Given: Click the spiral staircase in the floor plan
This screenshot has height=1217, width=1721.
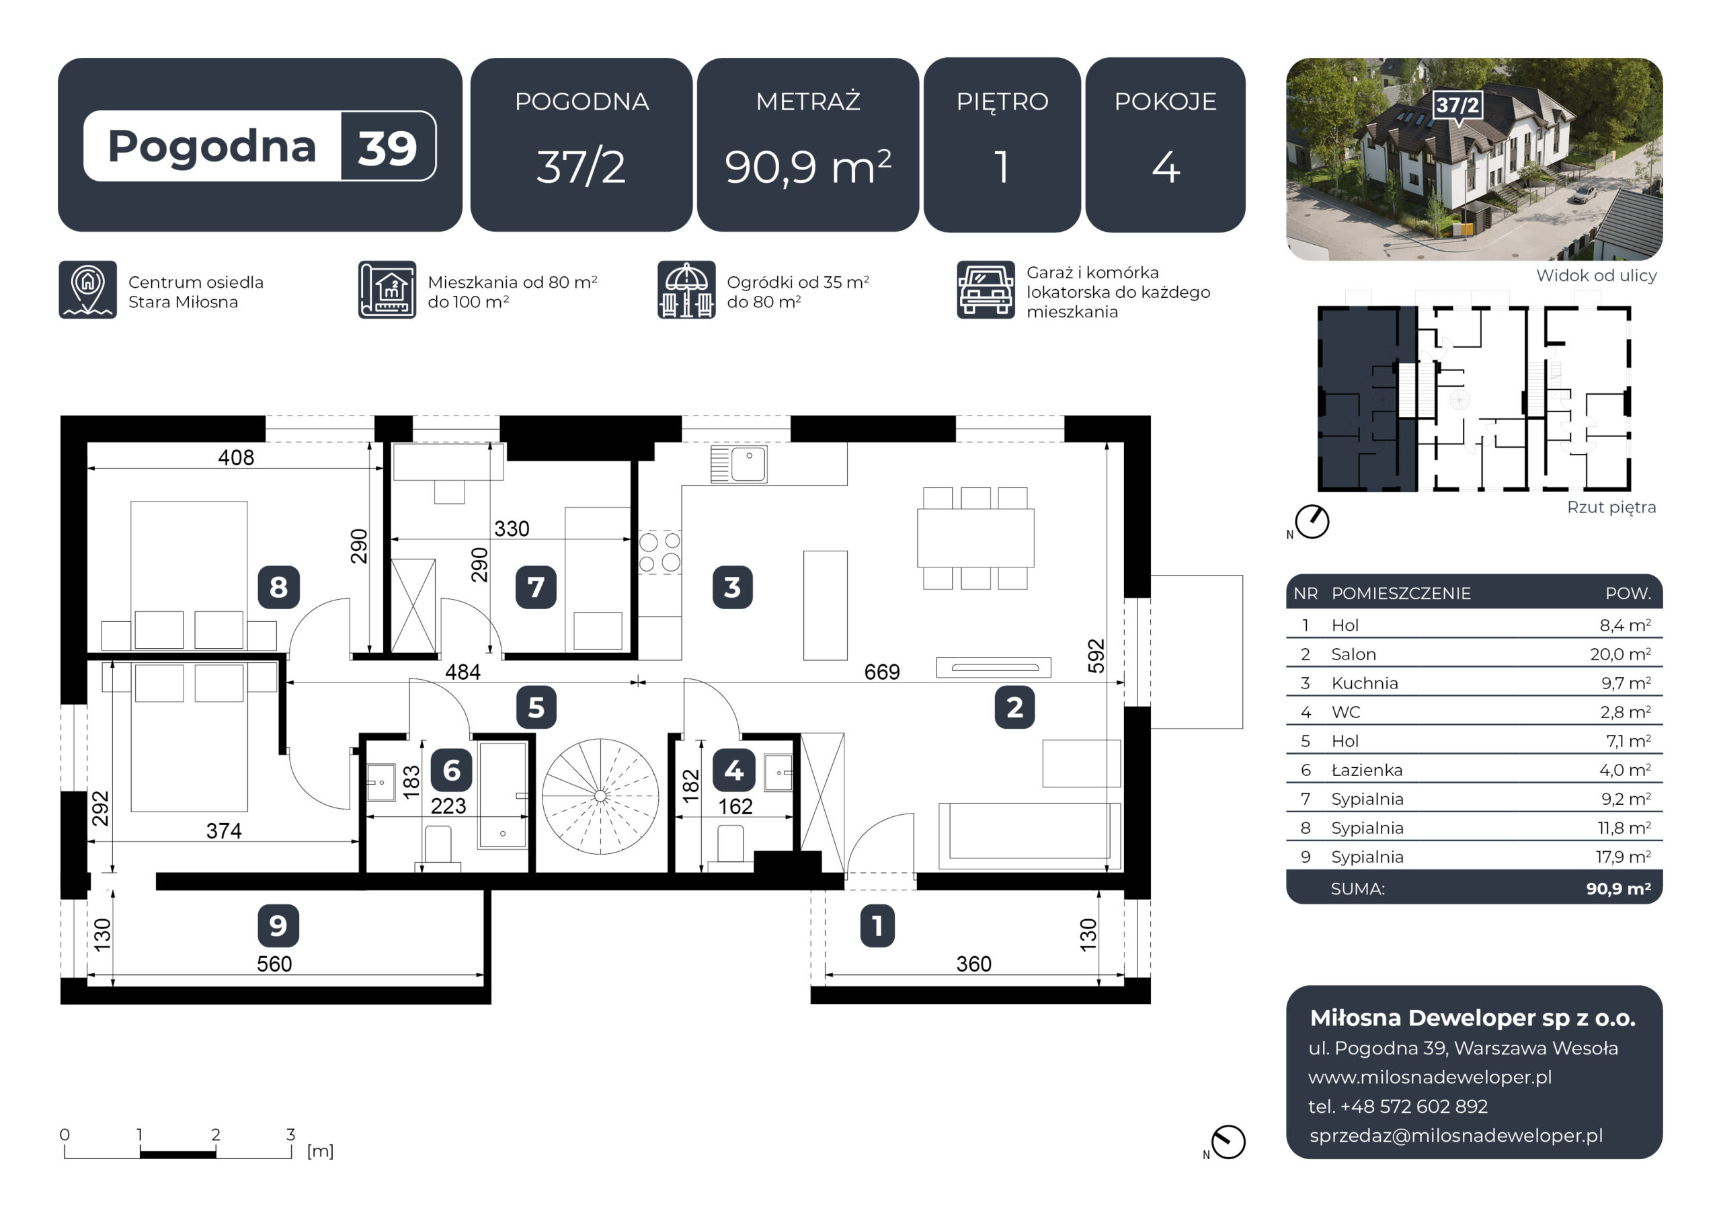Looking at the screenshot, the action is tap(600, 796).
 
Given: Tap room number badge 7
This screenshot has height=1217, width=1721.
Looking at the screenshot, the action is tap(536, 587).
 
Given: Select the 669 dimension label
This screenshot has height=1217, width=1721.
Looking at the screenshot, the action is tap(881, 672).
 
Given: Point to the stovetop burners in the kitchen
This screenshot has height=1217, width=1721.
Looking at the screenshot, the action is tap(660, 552).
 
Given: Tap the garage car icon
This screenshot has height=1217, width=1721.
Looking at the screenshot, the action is tap(986, 290).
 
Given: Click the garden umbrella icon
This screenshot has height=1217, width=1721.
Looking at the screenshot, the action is tap(686, 290).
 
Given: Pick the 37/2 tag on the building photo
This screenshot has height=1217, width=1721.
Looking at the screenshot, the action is tap(1457, 105).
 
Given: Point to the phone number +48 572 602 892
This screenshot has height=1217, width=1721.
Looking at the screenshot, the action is tap(1414, 1107).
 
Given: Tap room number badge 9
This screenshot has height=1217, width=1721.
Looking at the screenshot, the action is tap(278, 925).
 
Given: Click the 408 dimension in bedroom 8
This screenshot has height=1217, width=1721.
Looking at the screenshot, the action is tap(236, 457).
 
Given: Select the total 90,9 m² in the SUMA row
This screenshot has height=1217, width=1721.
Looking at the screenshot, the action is tap(1618, 890).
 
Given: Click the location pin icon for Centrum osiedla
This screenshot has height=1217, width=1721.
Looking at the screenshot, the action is tap(87, 290).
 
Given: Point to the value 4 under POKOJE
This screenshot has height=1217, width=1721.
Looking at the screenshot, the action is tap(1166, 167).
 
